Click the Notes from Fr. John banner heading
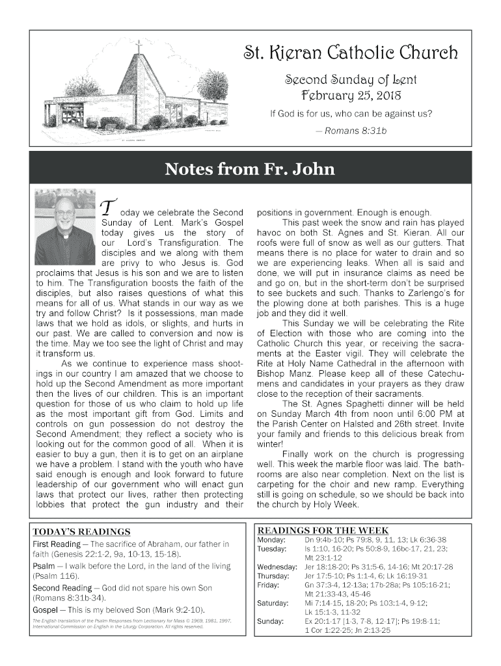(250, 170)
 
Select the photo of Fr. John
(65, 227)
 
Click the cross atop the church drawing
(138, 47)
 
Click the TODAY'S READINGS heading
(81, 531)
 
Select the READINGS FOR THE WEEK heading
(323, 530)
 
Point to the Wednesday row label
(277, 566)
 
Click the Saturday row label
(273, 603)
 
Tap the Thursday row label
(273, 576)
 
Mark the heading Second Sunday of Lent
(351, 80)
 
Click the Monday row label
(270, 540)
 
